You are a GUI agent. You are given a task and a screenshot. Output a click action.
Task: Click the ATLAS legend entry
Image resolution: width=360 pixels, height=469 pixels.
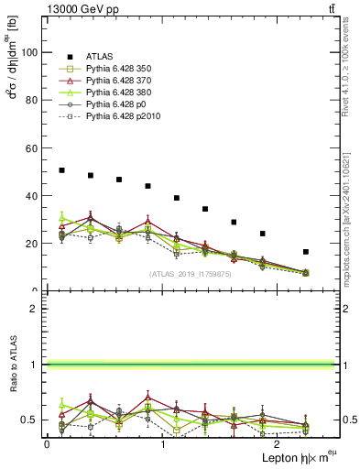pos(101,56)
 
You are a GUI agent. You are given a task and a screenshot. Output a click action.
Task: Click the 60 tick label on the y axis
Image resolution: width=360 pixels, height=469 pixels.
pos(34,147)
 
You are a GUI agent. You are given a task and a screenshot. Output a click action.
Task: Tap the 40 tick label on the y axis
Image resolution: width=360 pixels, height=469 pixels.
pos(34,195)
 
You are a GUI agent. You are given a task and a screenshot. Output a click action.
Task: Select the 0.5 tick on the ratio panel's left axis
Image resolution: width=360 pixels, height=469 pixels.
pos(32,420)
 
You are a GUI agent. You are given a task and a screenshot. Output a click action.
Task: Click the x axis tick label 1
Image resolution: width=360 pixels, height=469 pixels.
pos(162,443)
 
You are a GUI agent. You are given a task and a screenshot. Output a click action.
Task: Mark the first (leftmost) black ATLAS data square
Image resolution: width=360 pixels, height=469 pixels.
pos(61,170)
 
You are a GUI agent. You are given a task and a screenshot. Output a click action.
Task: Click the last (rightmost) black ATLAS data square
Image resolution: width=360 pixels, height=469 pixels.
pos(306,252)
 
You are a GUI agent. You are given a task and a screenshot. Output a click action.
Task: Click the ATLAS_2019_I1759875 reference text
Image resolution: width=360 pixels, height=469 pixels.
pos(191,274)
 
